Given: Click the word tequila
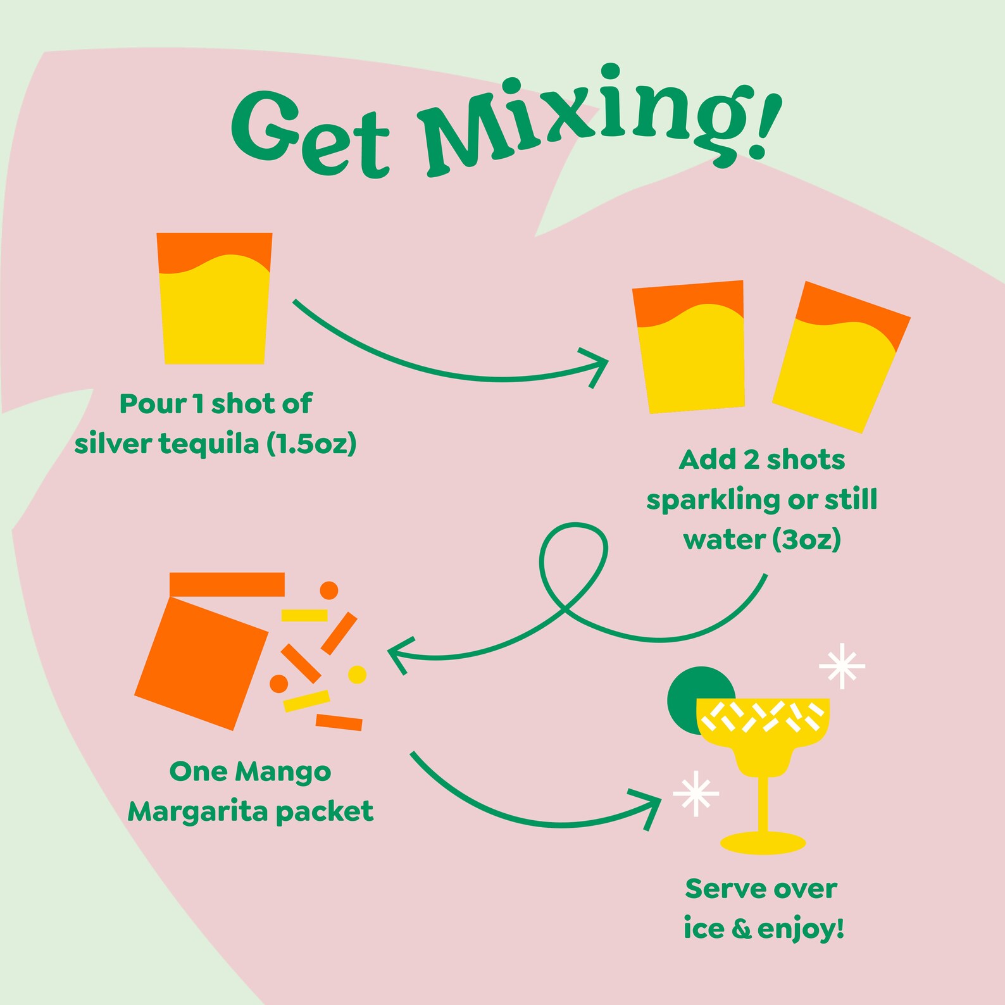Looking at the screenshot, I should point(209,444).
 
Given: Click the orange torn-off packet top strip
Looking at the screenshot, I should point(227,584).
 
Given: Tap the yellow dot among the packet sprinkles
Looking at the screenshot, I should point(358,675).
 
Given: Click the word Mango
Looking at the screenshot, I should point(283,771).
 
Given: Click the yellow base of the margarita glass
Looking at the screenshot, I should point(763,843).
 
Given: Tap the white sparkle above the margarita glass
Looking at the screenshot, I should point(842,666).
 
